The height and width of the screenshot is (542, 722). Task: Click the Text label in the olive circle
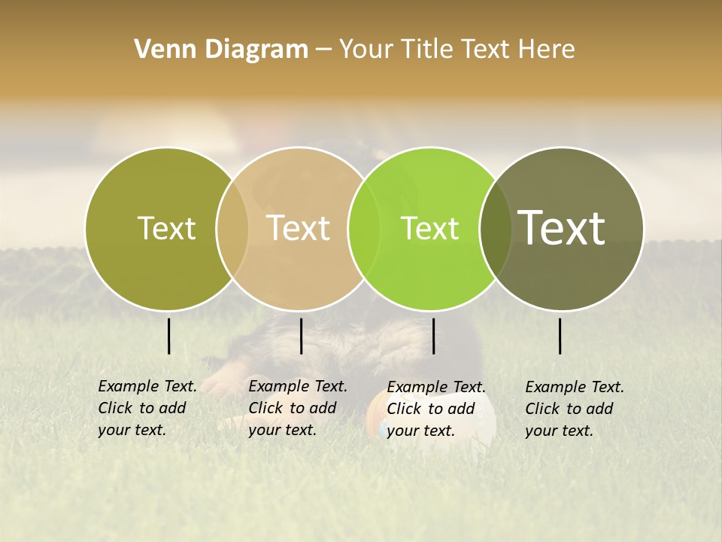tap(166, 228)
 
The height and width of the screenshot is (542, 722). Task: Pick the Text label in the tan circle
tap(298, 228)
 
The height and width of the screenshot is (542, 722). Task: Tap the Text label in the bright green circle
tap(429, 228)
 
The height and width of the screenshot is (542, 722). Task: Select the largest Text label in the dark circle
tap(562, 227)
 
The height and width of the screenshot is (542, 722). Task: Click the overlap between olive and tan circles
tap(232, 228)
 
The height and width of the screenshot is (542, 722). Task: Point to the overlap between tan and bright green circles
tap(364, 228)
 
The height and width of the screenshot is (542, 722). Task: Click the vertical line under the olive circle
tap(169, 336)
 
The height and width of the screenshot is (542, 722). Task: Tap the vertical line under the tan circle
tap(301, 336)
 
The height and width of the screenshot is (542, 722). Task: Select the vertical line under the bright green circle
tap(434, 336)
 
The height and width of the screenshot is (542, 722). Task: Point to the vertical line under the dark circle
tap(560, 336)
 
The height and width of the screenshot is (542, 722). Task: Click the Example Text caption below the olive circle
tap(147, 408)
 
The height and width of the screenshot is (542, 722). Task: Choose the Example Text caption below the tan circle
tap(297, 408)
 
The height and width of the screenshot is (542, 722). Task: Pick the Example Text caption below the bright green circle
tap(435, 409)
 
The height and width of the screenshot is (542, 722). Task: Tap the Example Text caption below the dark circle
tap(574, 409)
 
